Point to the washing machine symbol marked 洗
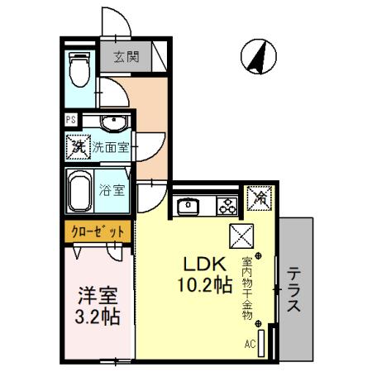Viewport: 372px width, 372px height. (78, 149)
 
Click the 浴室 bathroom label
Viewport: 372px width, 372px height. (112, 190)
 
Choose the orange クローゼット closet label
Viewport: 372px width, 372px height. (96, 232)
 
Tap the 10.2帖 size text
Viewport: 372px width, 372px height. (202, 286)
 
